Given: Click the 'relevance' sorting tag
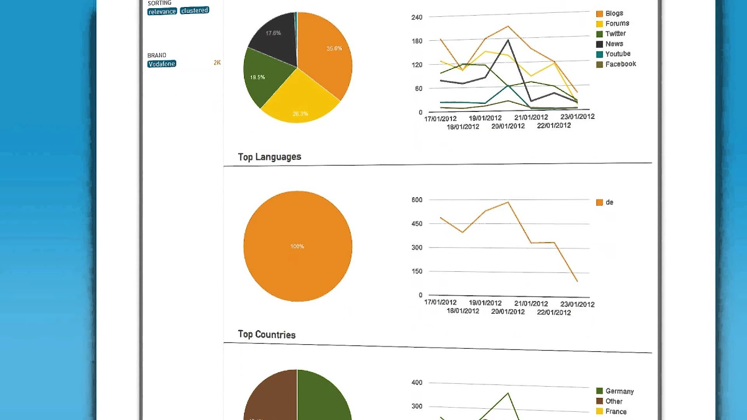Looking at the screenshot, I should (162, 11).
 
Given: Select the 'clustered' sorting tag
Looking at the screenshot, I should (194, 10).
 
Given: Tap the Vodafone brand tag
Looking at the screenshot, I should (162, 64).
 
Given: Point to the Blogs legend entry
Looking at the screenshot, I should (613, 13).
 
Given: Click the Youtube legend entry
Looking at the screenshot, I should (617, 54).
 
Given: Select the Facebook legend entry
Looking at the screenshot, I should (620, 64).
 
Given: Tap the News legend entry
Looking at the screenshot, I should (613, 44).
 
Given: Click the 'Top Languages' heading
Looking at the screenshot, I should (270, 157).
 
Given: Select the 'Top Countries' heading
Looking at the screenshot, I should (267, 335).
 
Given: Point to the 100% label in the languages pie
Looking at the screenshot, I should (297, 247).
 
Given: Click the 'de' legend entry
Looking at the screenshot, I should (609, 202).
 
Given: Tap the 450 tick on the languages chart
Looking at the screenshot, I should (417, 223).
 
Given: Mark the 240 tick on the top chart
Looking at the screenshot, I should (417, 17).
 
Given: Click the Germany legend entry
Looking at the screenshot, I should (619, 391).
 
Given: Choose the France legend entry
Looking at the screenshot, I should (615, 412).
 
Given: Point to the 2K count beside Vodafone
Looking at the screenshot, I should (217, 62).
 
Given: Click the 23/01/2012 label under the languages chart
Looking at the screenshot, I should (577, 304).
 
